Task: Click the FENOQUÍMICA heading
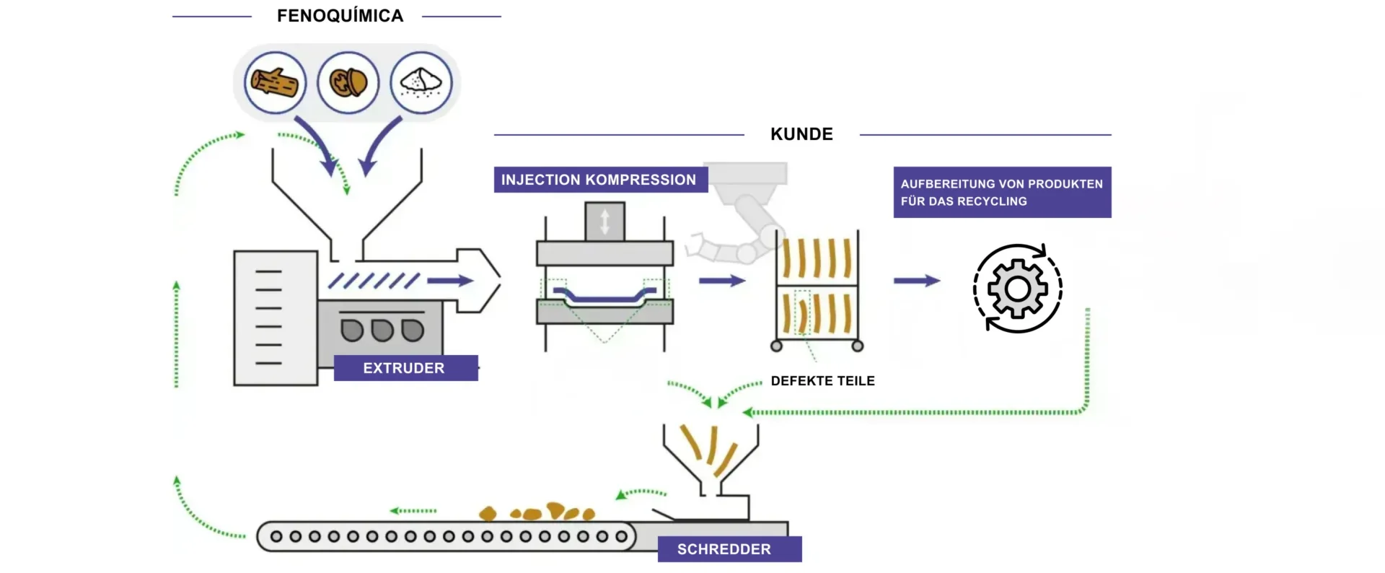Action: click(340, 16)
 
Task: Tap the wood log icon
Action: click(275, 83)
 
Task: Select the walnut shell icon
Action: click(348, 83)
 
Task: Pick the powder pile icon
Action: click(421, 83)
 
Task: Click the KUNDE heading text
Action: click(801, 134)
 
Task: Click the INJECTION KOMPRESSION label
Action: click(599, 180)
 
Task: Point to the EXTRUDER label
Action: click(404, 368)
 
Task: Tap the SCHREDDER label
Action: click(724, 549)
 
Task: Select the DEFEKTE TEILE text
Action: click(822, 381)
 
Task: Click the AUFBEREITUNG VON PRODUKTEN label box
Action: click(1001, 193)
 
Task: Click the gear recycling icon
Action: click(1017, 289)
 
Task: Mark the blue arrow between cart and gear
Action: click(917, 281)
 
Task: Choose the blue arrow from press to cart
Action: click(721, 281)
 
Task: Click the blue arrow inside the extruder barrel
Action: click(450, 281)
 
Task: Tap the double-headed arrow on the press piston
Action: click(604, 222)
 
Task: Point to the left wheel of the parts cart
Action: click(777, 346)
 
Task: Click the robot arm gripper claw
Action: click(696, 245)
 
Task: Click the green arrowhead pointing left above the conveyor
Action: click(395, 511)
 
